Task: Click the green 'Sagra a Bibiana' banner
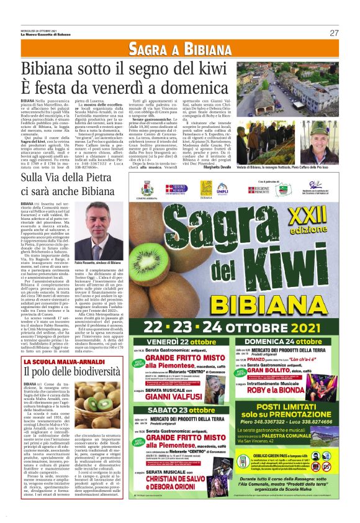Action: (179, 49)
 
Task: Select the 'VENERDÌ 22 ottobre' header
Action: (180, 342)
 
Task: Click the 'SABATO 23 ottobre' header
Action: (180, 410)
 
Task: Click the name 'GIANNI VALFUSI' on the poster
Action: (187, 397)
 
